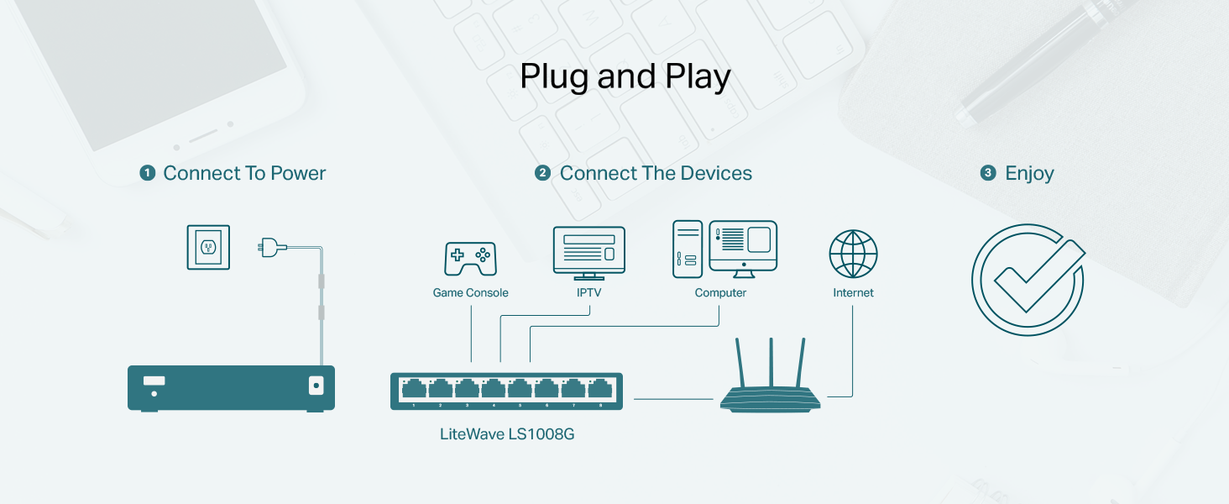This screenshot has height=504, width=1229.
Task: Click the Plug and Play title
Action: pos(625,77)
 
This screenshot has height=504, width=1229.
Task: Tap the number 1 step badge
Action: pos(148,174)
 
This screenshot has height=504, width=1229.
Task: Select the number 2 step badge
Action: pos(542,174)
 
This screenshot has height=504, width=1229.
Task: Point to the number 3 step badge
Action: pos(988,174)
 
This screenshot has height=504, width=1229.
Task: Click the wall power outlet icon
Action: pos(208,247)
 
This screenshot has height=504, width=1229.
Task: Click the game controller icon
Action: pos(470,258)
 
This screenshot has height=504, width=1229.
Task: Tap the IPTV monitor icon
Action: pos(589,251)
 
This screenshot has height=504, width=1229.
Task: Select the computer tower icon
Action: pos(687,249)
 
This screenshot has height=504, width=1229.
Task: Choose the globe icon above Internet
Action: pos(853,254)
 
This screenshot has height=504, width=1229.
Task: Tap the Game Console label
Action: pos(470,293)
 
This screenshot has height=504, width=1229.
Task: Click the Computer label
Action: pos(720,293)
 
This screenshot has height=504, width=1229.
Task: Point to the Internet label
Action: pos(853,293)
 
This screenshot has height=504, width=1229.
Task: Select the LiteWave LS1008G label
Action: pos(507,434)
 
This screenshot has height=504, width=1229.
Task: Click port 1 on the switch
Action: pos(414,389)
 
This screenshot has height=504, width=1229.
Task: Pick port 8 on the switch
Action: pos(599,389)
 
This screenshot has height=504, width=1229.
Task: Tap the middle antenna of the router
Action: pos(770,361)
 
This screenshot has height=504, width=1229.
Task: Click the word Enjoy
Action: pos(1029,174)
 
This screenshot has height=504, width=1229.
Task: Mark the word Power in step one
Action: pos(297,174)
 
